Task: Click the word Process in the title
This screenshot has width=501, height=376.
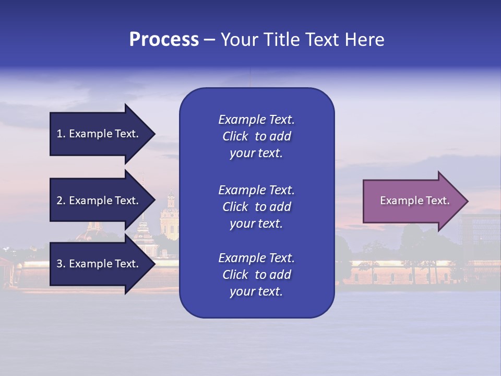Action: [x=164, y=40]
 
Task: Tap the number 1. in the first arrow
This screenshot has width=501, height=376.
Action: [x=61, y=134]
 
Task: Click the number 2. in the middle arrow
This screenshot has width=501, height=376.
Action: [x=61, y=201]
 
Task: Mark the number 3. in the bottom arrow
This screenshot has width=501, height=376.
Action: [x=61, y=264]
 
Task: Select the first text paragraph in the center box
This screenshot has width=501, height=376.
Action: [x=256, y=136]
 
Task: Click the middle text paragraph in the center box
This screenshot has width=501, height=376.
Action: [x=256, y=207]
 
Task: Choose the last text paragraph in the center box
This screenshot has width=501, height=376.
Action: [x=256, y=275]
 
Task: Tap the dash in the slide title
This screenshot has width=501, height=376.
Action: [x=210, y=40]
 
